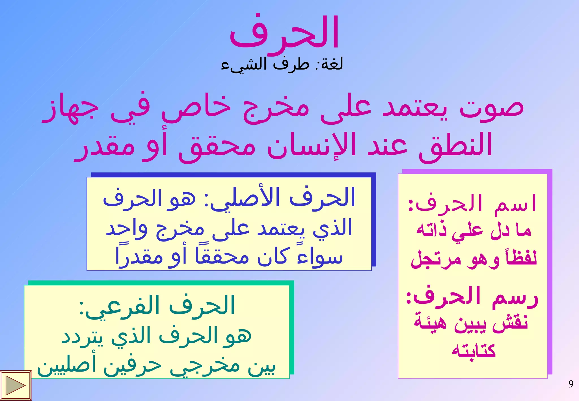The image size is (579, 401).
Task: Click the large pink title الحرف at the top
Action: pos(284,33)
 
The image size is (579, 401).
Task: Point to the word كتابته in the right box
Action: pos(474,351)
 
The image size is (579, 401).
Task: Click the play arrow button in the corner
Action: pos(15,385)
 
